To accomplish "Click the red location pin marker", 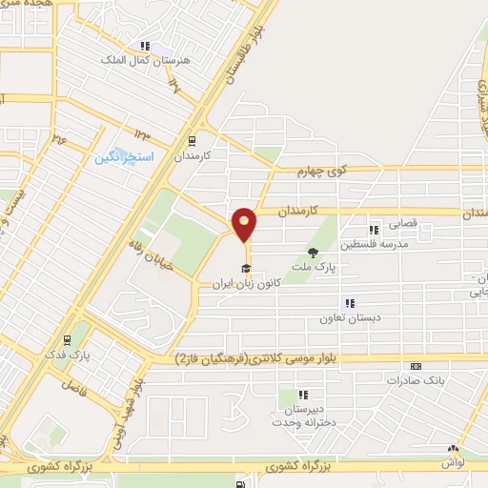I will [x=245, y=224].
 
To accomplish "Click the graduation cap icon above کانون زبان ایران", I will [x=246, y=268].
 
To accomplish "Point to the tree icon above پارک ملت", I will [x=313, y=252].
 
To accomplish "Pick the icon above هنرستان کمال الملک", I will [x=145, y=45].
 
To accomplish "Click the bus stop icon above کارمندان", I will [x=191, y=140].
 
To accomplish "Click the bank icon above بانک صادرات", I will [x=415, y=366].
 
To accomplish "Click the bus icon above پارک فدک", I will [x=66, y=339].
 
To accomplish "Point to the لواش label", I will [x=451, y=461].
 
